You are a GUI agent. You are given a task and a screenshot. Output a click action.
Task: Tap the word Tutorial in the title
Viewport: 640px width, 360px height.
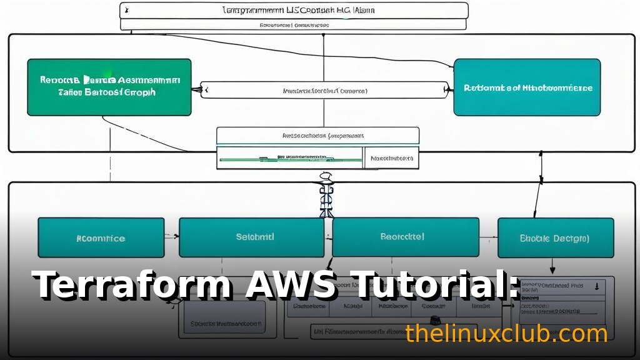pos(425,286)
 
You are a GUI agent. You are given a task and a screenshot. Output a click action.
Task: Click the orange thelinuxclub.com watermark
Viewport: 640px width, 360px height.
pos(506,334)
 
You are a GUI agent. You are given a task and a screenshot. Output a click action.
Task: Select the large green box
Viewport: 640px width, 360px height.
pos(109,87)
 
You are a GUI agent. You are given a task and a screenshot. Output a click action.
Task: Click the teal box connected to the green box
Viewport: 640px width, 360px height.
pos(527,87)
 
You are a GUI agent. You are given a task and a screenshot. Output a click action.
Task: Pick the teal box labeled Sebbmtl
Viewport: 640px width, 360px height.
pos(251,237)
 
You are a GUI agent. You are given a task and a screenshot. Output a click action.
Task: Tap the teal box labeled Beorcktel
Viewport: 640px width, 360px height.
pos(405,237)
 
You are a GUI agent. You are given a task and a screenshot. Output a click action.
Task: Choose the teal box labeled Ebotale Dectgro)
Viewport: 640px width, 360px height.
pos(555,238)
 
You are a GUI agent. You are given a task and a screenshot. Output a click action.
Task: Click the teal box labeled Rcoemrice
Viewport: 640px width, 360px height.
pos(101,238)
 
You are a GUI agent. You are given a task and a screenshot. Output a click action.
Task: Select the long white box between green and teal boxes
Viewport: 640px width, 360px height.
pos(324,91)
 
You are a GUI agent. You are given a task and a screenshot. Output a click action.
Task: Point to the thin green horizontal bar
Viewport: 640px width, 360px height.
pos(291,160)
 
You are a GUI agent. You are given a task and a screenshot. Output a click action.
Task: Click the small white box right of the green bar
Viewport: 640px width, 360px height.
pos(391,159)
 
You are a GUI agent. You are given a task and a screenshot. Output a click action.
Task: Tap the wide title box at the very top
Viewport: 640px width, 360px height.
pos(294,11)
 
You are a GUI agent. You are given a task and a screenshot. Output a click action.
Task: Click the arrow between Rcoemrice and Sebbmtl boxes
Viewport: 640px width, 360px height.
pos(172,237)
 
